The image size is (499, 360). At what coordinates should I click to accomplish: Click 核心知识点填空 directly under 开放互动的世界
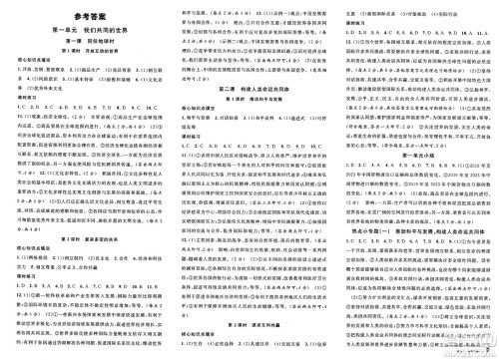point(30,75)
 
